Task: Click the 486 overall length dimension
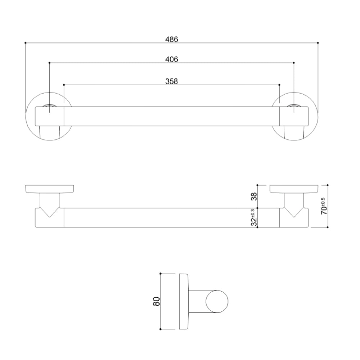click(x=172, y=39)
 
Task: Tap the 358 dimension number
click(x=172, y=81)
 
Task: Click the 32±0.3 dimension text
click(x=254, y=217)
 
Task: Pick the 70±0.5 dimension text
click(x=323, y=206)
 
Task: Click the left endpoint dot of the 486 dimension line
click(x=25, y=43)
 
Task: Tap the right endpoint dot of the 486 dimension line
click(x=318, y=43)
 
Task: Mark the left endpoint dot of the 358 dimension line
click(x=64, y=85)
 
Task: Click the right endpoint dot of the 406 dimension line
click(x=294, y=63)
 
